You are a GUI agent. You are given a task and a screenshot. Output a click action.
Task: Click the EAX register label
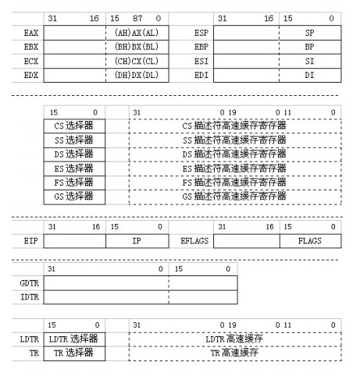click(31, 34)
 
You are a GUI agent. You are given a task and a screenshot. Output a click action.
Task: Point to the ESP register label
click(201, 34)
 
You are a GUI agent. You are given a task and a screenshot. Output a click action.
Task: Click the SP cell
click(309, 34)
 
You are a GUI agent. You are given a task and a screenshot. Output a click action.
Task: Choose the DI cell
click(309, 76)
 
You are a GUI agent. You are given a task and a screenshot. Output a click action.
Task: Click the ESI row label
click(201, 62)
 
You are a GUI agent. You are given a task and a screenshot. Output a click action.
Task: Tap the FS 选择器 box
click(74, 183)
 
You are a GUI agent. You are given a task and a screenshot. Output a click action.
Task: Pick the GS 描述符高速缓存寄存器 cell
click(234, 197)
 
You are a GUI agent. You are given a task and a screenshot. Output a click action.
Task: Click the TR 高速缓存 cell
click(234, 353)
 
